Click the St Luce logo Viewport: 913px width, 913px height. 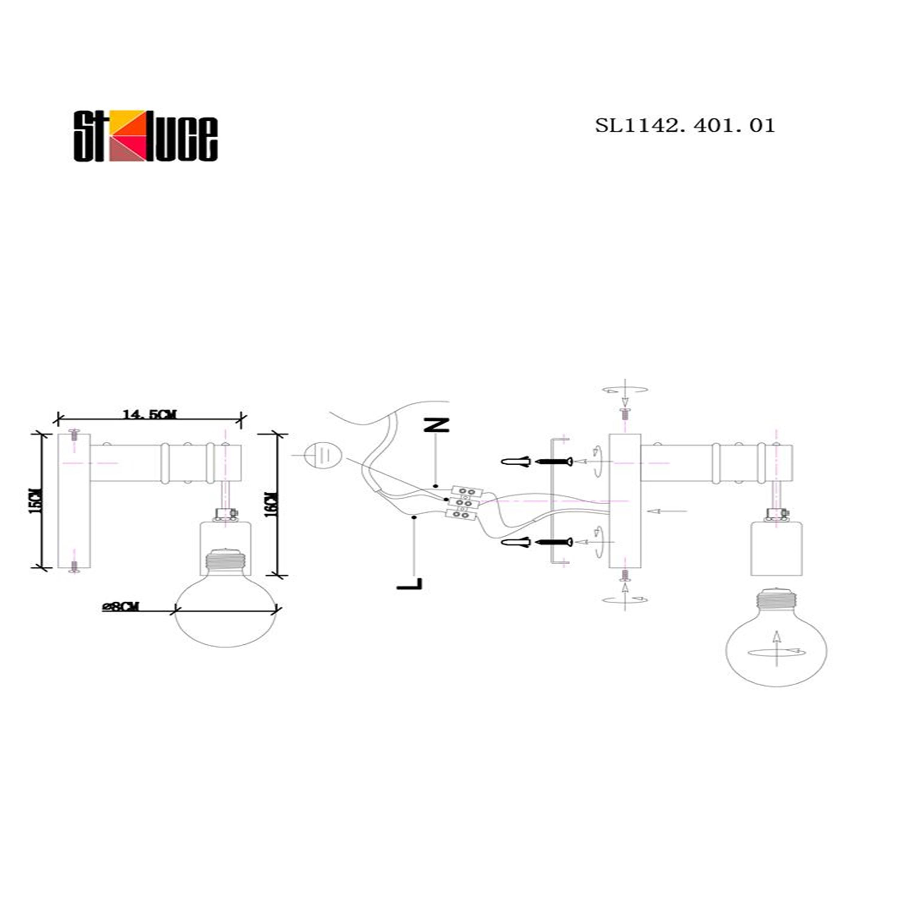tap(145, 136)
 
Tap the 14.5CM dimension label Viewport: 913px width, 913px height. tap(149, 415)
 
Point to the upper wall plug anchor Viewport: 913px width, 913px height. tap(517, 461)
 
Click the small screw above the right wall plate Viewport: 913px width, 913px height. tap(625, 415)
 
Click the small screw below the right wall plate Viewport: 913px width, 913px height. tap(625, 575)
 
